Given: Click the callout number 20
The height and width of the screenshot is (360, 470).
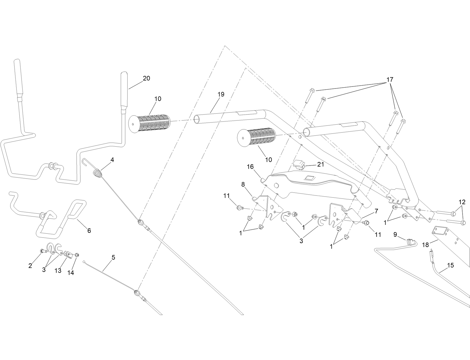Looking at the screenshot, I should tap(146, 78).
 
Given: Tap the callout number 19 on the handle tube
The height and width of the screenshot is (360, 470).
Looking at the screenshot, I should tap(221, 94).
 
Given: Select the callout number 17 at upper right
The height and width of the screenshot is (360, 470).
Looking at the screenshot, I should tap(390, 80).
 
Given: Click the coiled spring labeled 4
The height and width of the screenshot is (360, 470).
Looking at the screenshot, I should tap(98, 174).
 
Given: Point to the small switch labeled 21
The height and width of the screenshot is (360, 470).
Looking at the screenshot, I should tap(299, 165).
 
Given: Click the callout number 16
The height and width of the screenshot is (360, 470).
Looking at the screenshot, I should tap(250, 167).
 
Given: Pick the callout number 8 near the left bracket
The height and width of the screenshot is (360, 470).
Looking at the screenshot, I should tap(243, 185).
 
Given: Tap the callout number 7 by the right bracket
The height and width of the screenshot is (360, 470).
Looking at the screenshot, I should tap(376, 211).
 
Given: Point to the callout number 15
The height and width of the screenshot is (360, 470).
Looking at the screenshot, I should tap(450, 265).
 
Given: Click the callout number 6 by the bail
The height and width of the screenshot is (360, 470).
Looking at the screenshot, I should tap(89, 230).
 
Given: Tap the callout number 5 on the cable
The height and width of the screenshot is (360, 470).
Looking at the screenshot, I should tap(113, 257).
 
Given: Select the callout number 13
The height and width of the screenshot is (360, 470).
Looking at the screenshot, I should tap(58, 270).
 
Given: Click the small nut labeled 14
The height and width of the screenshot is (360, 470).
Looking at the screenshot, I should tap(77, 255).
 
